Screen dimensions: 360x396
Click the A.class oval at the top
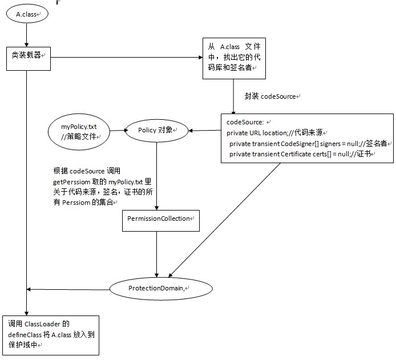27,14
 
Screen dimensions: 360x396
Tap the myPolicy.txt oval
79,130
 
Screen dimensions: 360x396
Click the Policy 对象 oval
156,131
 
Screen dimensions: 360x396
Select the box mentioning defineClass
50,336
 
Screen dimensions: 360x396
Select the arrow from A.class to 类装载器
27,36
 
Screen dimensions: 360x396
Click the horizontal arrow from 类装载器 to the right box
126,57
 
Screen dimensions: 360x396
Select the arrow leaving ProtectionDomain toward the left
68,289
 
